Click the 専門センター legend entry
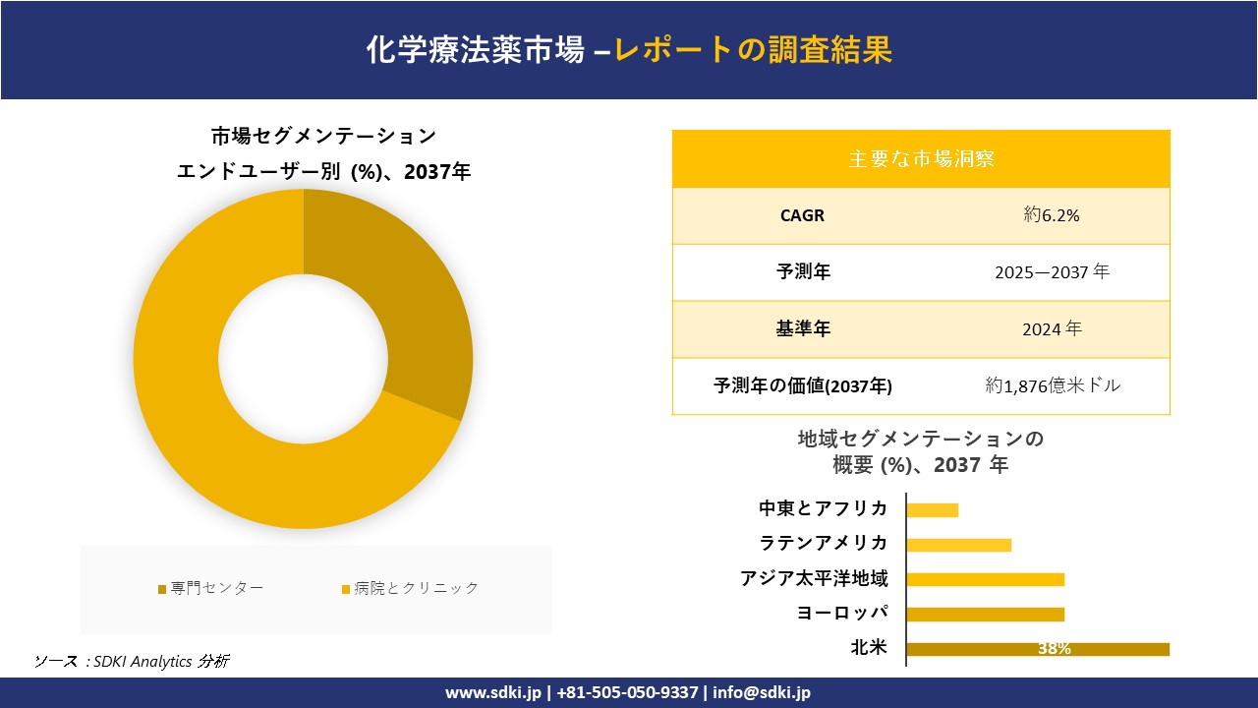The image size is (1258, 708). point(211,588)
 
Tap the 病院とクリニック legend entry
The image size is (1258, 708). point(410,588)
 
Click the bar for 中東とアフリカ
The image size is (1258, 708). point(932,509)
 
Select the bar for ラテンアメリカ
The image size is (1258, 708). point(958,545)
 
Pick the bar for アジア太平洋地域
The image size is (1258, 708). point(985,579)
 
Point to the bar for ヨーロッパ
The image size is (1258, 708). point(985,615)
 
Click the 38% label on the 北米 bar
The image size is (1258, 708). point(1054,649)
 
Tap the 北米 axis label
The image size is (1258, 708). point(869,647)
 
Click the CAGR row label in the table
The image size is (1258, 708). point(802,215)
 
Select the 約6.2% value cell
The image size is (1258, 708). point(1052,215)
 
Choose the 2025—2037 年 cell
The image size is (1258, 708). point(1052,272)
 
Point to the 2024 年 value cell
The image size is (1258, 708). point(1052,329)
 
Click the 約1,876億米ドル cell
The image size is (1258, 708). point(1053,385)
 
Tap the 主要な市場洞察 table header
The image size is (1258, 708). point(921,158)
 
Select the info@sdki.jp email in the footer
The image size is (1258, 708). point(762,692)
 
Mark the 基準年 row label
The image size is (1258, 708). point(803,329)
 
